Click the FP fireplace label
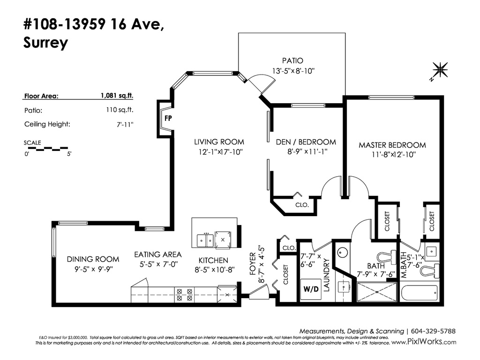click(x=168, y=118)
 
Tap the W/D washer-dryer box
click(x=311, y=289)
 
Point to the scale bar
click(x=46, y=149)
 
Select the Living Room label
click(x=219, y=142)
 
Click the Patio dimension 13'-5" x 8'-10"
click(x=293, y=71)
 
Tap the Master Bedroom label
click(x=392, y=145)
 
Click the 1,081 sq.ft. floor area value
click(x=117, y=96)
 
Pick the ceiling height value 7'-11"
click(x=125, y=124)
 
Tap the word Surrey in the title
click(x=45, y=43)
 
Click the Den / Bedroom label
click(x=306, y=142)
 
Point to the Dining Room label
click(x=93, y=259)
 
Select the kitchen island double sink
click(x=205, y=240)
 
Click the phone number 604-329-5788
click(x=433, y=331)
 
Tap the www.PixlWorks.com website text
click(x=424, y=342)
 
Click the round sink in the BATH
click(x=343, y=253)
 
